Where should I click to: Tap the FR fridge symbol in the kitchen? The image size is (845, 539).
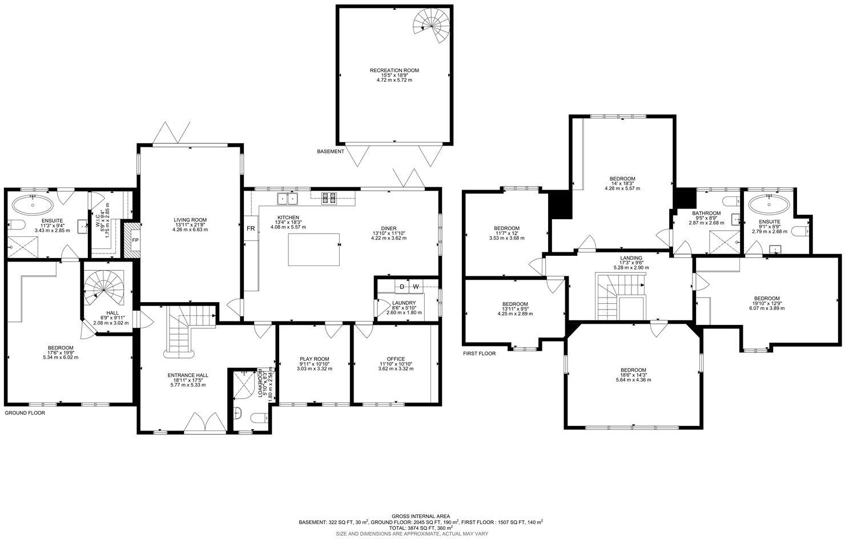tap(250, 228)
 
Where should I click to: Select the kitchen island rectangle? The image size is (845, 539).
tap(313, 250)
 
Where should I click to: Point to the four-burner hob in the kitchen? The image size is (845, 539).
tap(329, 198)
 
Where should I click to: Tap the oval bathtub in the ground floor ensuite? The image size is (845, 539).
tap(33, 204)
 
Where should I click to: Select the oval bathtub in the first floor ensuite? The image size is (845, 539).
tap(769, 204)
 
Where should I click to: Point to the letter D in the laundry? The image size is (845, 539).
tap(401, 287)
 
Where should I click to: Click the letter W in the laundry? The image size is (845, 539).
tap(416, 287)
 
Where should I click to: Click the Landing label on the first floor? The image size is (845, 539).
tap(631, 258)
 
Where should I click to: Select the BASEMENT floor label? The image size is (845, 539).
tap(331, 151)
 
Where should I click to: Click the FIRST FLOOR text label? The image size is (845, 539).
tap(478, 353)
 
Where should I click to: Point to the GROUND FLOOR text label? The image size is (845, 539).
tap(25, 412)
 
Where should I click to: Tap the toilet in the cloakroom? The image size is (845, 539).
tap(240, 414)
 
